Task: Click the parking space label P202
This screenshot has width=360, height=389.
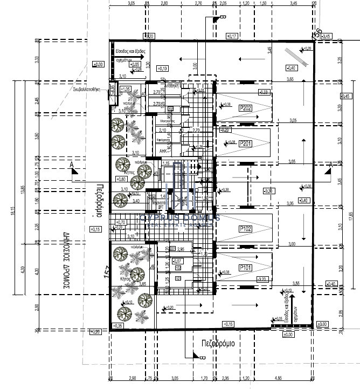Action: (x=246, y=108)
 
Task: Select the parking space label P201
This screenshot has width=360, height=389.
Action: (x=246, y=144)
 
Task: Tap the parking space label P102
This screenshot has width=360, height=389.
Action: (x=246, y=228)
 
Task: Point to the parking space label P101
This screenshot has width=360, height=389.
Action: (x=246, y=267)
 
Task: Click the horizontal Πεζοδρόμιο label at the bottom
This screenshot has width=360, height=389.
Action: (x=212, y=343)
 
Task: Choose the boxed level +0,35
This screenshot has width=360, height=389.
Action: (x=119, y=326)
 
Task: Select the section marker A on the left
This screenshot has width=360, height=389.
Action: (x=72, y=165)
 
